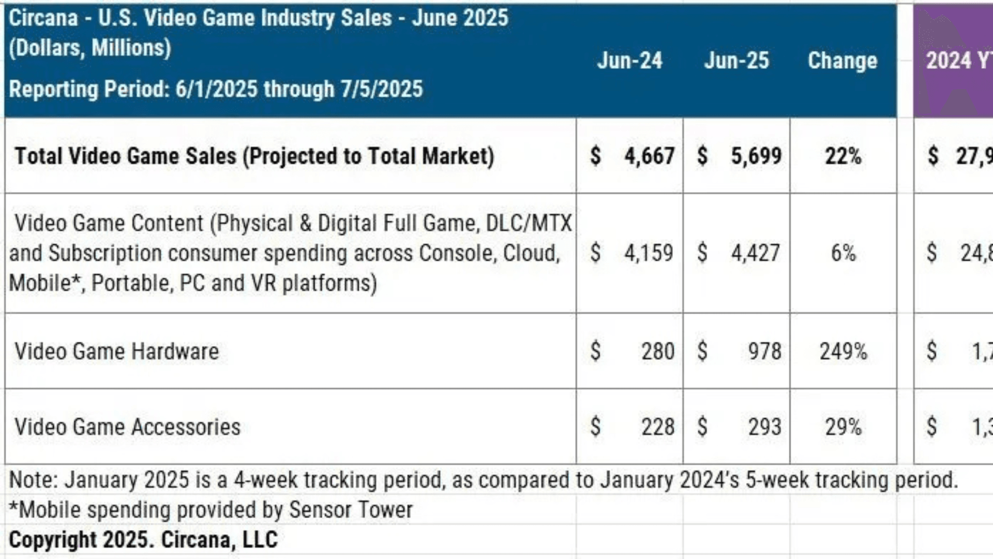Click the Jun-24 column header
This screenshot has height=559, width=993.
[629, 61]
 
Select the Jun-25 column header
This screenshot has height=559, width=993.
[736, 61]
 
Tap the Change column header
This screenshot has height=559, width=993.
[842, 61]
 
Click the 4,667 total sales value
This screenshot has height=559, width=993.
[649, 156]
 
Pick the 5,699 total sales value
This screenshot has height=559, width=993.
[756, 156]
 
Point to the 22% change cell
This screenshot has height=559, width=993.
[843, 156]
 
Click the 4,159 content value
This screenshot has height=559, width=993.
[649, 253]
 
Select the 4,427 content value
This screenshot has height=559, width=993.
[756, 253]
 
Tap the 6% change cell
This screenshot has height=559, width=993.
[843, 253]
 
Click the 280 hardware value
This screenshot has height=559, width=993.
[658, 351]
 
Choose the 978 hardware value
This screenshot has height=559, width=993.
[764, 351]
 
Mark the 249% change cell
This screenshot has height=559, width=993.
[843, 351]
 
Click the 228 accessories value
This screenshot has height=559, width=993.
[658, 427]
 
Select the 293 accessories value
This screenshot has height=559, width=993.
[764, 427]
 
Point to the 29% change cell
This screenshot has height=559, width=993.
[843, 427]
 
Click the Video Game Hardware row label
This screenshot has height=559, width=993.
[117, 351]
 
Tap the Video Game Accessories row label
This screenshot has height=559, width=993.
[128, 427]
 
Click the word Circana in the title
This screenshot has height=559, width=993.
[43, 18]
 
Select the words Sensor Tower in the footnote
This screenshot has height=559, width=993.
[351, 510]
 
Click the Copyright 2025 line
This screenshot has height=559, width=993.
[143, 540]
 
